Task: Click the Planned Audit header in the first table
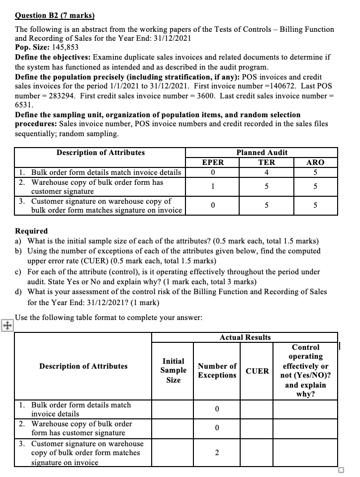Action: tap(262, 153)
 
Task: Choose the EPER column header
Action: tap(213, 162)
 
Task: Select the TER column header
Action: tap(266, 162)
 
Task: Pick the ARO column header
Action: tap(315, 162)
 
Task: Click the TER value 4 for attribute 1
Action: tap(267, 172)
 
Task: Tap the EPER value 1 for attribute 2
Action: tap(213, 187)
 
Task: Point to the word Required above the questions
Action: tap(32, 231)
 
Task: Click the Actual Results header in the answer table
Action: tap(245, 337)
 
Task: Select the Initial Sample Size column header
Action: tap(173, 370)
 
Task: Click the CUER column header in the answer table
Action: tap(257, 371)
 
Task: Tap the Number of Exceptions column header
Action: tap(217, 371)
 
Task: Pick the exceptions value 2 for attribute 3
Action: tap(217, 453)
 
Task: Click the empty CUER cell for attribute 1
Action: tap(257, 409)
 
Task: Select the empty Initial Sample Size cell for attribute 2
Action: tap(173, 428)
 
